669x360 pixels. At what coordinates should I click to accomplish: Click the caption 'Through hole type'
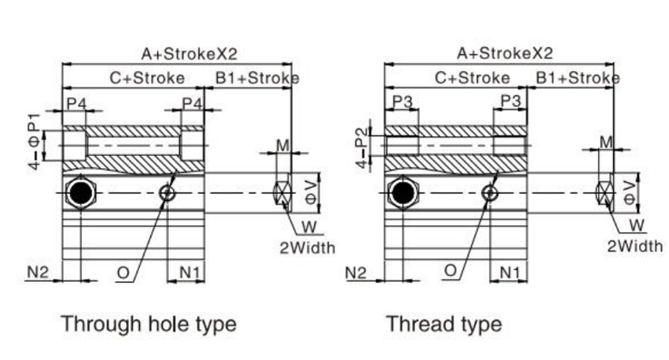tap(148, 324)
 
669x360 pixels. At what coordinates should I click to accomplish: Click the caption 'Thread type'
tap(443, 324)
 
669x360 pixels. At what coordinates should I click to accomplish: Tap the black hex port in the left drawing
tap(80, 194)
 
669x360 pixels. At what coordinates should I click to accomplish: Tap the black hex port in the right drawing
tap(400, 194)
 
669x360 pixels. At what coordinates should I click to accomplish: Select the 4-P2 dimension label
tap(360, 143)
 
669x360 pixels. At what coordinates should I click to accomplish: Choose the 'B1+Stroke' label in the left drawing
tap(256, 78)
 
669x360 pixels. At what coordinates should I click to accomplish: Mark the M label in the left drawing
tap(283, 145)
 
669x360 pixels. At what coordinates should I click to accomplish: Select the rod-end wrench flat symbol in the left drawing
tap(281, 194)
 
